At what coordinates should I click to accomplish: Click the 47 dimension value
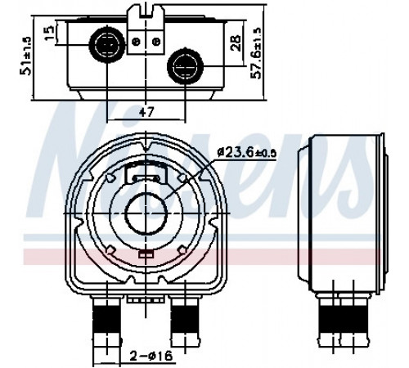tap(146, 112)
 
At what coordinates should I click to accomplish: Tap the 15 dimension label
tap(50, 33)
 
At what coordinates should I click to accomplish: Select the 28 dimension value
tap(236, 43)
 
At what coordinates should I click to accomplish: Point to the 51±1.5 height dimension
tap(25, 56)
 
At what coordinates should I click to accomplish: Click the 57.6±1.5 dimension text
tap(256, 53)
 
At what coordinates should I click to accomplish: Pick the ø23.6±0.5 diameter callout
tap(247, 152)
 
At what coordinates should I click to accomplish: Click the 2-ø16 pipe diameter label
tap(151, 356)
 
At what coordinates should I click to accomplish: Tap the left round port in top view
tap(107, 44)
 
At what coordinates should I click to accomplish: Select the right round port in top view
tap(185, 65)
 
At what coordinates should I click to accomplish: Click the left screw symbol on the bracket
tap(136, 42)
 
